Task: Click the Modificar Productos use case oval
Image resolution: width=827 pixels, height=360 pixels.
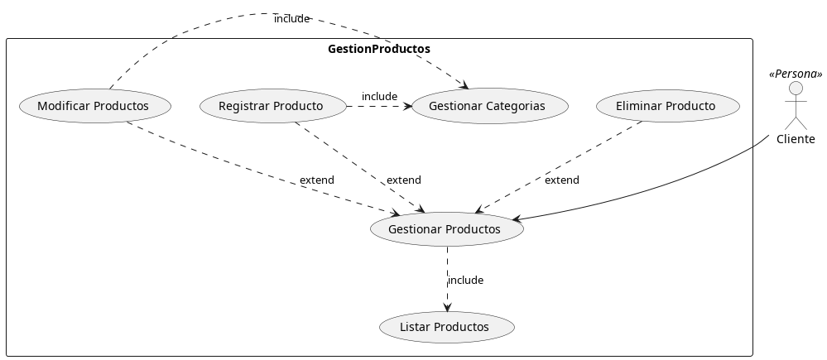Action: (x=94, y=106)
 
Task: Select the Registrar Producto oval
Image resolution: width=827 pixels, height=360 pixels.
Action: (x=272, y=106)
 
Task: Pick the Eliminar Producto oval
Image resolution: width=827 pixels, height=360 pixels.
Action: (x=666, y=106)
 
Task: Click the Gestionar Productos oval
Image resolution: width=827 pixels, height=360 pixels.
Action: (x=445, y=229)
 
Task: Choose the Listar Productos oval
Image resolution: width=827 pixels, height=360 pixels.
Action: (x=445, y=327)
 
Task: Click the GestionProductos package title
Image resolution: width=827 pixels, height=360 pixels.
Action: (x=378, y=49)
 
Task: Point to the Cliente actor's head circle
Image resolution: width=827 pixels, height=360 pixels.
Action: (x=796, y=89)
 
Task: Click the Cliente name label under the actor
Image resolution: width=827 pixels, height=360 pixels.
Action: (x=796, y=139)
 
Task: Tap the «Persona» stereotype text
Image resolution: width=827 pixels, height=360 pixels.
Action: (x=796, y=74)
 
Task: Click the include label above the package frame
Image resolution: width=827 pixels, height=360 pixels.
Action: (x=291, y=18)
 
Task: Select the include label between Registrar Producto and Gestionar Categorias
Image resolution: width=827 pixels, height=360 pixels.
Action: (x=379, y=97)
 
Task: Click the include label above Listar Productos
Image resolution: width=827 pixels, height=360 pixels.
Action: (x=465, y=281)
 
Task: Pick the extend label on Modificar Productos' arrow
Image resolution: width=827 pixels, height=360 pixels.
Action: (x=316, y=180)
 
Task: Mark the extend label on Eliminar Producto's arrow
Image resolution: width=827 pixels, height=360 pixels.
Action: (x=561, y=180)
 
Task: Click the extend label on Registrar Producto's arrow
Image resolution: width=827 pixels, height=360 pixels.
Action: (x=403, y=180)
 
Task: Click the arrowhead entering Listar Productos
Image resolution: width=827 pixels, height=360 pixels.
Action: (x=447, y=307)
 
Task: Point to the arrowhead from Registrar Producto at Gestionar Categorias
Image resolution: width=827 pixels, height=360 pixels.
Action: (x=406, y=106)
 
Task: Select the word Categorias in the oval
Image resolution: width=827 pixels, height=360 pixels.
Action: (x=516, y=106)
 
